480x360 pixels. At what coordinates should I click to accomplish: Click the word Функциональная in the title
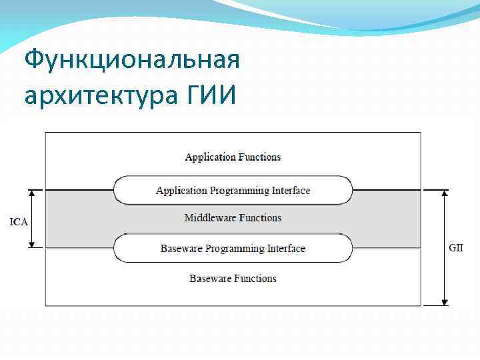[131, 61]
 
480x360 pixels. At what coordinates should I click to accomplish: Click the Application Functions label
[233, 157]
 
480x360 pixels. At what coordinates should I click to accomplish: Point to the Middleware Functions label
[233, 218]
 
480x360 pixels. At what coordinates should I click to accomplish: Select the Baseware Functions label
[233, 278]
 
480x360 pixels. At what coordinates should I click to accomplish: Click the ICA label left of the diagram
[18, 221]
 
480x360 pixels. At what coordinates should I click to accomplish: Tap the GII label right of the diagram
[456, 247]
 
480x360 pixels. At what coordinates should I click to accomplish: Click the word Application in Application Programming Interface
[182, 191]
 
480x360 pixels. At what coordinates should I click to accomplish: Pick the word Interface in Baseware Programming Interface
[286, 249]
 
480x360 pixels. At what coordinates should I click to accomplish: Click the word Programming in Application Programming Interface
[240, 191]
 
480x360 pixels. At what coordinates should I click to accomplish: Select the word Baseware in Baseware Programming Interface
[181, 249]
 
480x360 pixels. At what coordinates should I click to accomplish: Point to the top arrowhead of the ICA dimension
[31, 193]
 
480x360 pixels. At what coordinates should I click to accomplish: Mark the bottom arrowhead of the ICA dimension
[31, 245]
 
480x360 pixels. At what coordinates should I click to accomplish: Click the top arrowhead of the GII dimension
[445, 193]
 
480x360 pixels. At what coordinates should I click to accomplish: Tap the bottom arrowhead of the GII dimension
[445, 303]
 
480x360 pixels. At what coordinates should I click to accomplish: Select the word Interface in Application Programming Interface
[291, 191]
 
